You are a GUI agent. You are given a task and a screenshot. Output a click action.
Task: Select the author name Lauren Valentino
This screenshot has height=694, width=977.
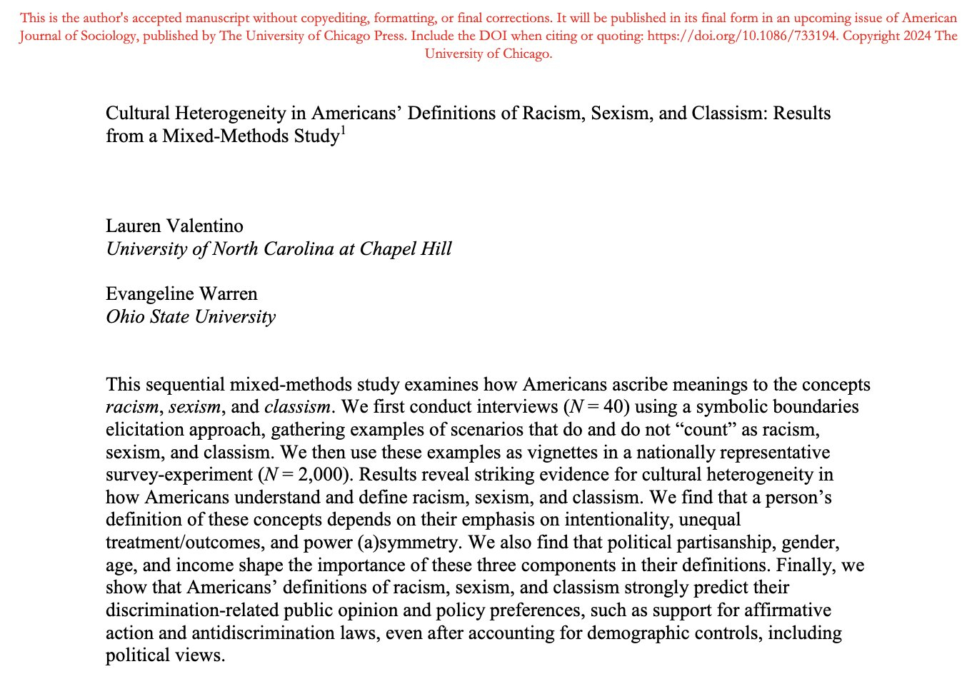pyautogui.click(x=174, y=226)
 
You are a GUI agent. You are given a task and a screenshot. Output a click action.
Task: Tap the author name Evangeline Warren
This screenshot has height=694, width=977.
pyautogui.click(x=181, y=294)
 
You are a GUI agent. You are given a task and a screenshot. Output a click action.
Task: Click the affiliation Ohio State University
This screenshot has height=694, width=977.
pyautogui.click(x=191, y=317)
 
